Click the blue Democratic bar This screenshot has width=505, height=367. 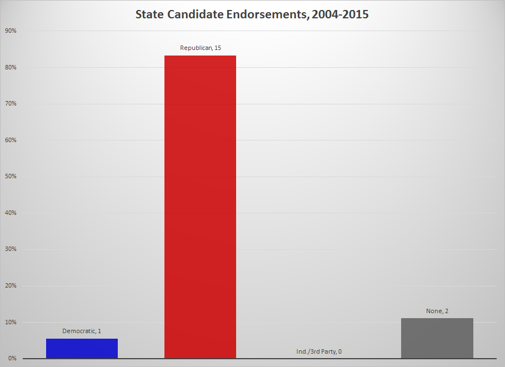click(x=82, y=348)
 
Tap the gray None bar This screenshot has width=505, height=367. click(x=437, y=338)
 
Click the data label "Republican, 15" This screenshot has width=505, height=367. click(x=201, y=48)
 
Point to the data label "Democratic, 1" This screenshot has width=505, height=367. click(x=82, y=331)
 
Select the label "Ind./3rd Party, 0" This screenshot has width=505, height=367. click(x=319, y=351)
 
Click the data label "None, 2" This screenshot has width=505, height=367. click(x=437, y=311)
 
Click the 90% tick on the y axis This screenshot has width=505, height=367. click(x=11, y=31)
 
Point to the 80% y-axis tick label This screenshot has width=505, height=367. click(x=11, y=68)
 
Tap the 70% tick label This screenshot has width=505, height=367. click(x=11, y=104)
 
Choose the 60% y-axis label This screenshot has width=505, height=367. click(x=11, y=140)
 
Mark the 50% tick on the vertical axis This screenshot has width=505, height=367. click(x=11, y=177)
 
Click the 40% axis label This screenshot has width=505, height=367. click(x=11, y=213)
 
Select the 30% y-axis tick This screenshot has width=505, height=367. click(x=11, y=249)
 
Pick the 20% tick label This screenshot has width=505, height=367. click(x=11, y=286)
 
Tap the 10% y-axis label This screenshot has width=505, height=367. click(x=11, y=322)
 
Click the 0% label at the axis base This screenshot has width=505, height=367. click(x=12, y=358)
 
